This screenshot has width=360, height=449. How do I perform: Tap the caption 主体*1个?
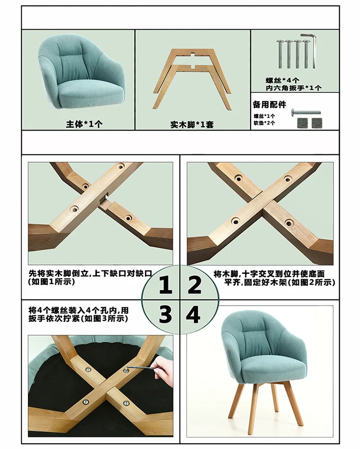click(x=84, y=124)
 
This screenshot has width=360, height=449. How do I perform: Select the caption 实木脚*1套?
click(x=192, y=125)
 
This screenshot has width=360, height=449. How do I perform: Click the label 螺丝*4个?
click(x=282, y=81)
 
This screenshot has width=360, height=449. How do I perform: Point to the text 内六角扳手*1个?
click(x=293, y=88)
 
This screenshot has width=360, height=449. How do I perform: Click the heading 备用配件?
click(x=269, y=105)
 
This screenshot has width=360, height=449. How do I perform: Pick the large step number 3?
click(x=166, y=314)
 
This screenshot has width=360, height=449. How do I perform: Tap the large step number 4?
click(x=193, y=314)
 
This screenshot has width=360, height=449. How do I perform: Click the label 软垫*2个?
click(x=264, y=123)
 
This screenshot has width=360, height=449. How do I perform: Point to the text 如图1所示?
click(x=51, y=282)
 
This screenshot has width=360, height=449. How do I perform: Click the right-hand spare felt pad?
click(x=317, y=122)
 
